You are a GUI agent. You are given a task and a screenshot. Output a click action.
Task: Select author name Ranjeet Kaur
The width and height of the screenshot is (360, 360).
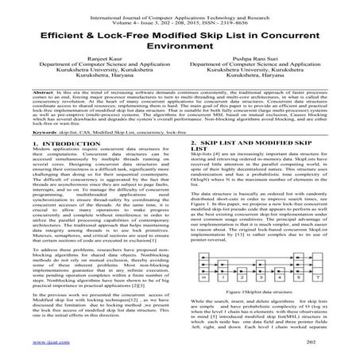click(91, 70)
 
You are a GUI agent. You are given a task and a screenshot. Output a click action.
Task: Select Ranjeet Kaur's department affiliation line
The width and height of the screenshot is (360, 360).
click(91, 78)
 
